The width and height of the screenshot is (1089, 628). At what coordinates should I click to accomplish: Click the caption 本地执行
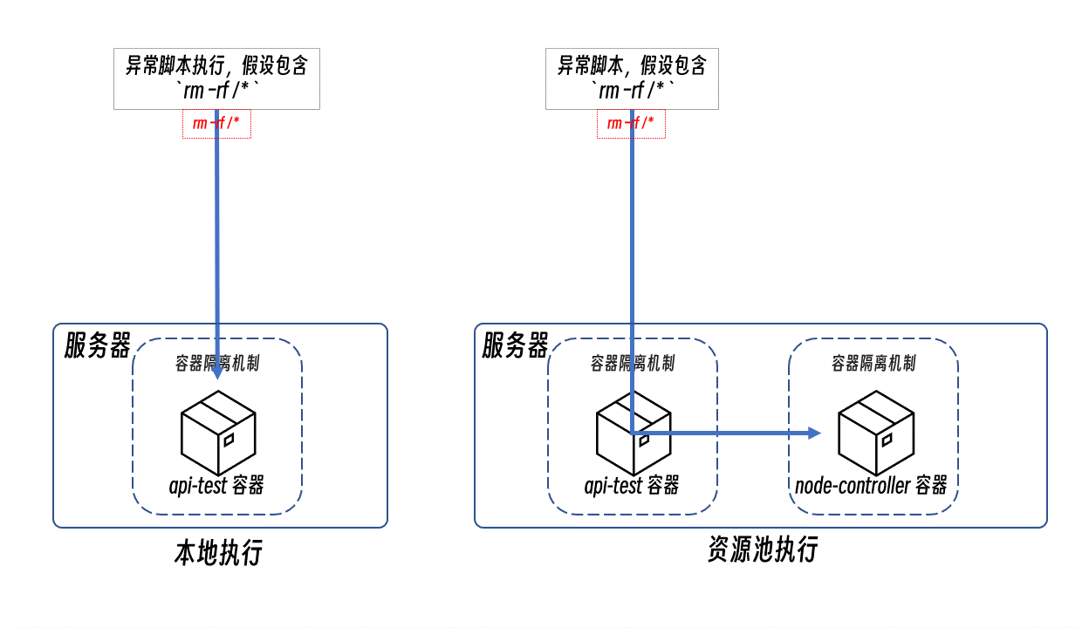click(218, 552)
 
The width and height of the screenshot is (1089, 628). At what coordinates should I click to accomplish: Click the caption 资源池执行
click(763, 549)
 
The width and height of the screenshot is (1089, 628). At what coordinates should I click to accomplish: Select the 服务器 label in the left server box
click(97, 345)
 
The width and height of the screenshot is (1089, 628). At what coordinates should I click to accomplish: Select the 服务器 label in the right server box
click(515, 345)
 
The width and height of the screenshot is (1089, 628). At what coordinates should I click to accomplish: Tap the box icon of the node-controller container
click(876, 433)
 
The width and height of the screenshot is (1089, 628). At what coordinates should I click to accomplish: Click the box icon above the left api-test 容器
click(218, 433)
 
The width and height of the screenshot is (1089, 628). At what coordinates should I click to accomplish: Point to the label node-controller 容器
click(871, 486)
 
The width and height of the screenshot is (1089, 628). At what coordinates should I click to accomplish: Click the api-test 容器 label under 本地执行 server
click(216, 486)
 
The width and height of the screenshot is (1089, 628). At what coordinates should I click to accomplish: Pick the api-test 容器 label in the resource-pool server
click(632, 486)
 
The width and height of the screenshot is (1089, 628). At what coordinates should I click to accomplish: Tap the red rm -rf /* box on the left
click(216, 124)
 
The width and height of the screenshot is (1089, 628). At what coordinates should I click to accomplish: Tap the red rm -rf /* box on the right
click(631, 124)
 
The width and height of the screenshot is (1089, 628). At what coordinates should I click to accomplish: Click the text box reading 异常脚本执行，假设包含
click(216, 78)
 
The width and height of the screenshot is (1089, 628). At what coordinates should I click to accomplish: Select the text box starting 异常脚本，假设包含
click(632, 78)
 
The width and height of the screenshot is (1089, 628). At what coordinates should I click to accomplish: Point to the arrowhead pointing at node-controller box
click(814, 433)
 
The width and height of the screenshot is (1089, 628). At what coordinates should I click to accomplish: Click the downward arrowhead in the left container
click(217, 373)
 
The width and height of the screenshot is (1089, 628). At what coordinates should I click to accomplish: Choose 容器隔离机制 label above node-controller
click(873, 363)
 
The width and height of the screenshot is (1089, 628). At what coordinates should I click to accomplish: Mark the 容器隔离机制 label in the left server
click(217, 363)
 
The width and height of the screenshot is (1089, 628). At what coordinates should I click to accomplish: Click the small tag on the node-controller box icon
click(887, 440)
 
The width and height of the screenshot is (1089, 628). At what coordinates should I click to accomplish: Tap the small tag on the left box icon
click(229, 440)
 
